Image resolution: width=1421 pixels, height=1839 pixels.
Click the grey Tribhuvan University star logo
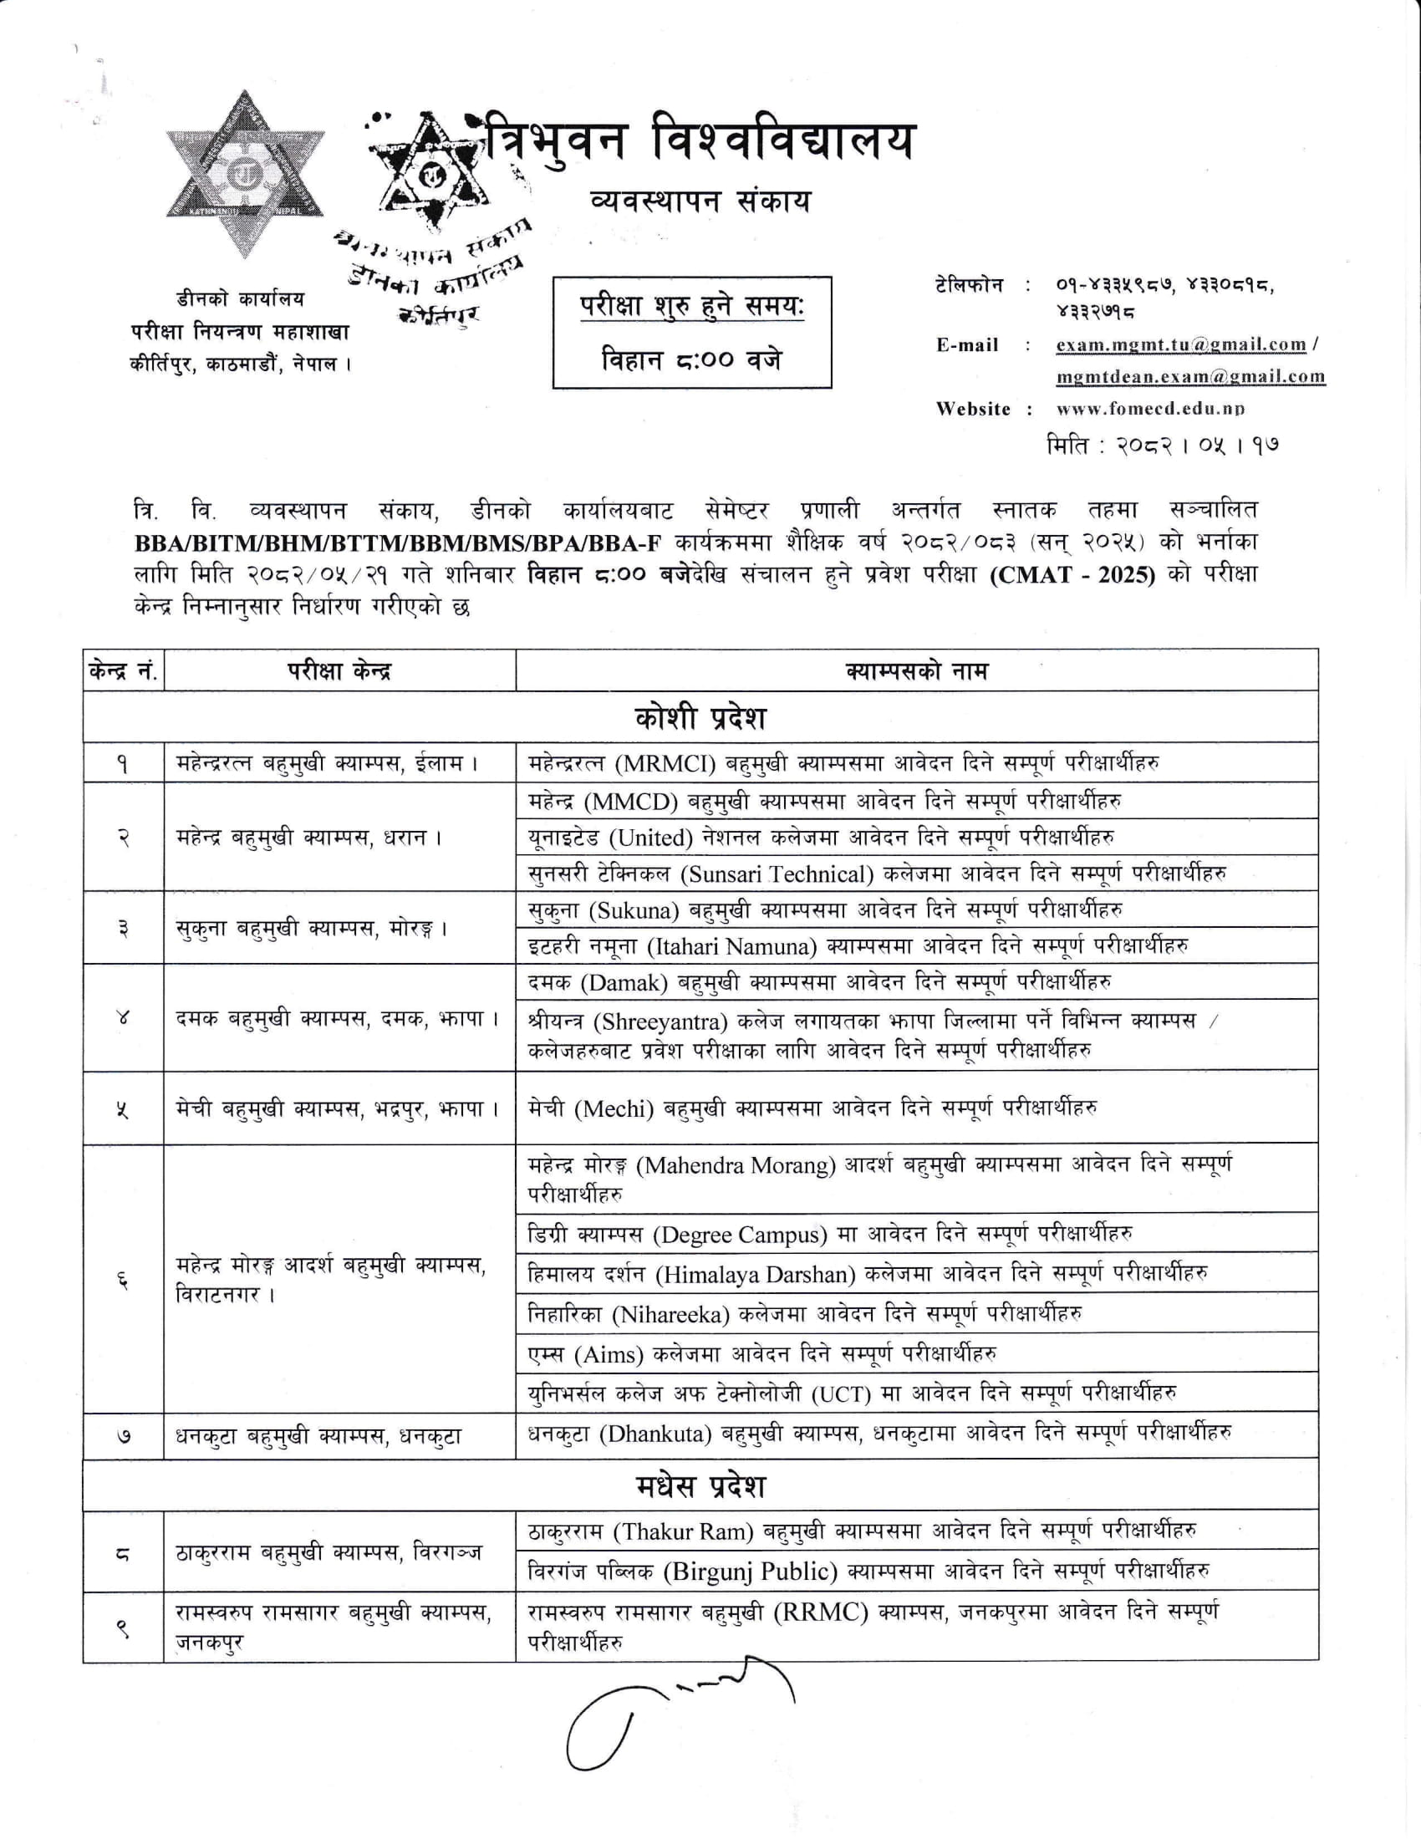pyautogui.click(x=244, y=175)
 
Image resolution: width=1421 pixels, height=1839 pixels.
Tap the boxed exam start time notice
pyautogui.click(x=692, y=333)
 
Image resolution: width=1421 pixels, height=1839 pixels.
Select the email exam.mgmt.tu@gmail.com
pyautogui.click(x=1181, y=344)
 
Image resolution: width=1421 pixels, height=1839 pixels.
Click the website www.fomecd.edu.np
pyautogui.click(x=1150, y=410)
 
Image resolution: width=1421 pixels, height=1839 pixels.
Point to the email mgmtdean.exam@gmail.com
pyautogui.click(x=1190, y=376)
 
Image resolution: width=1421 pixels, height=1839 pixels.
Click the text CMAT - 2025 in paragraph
pyautogui.click(x=1074, y=575)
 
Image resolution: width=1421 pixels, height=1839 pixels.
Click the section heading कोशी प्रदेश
pyautogui.click(x=700, y=717)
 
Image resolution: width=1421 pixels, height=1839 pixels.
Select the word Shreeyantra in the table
pyautogui.click(x=660, y=1021)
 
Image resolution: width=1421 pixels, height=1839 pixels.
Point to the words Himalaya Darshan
pyautogui.click(x=754, y=1275)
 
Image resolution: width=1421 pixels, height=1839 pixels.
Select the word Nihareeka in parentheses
pyautogui.click(x=670, y=1314)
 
